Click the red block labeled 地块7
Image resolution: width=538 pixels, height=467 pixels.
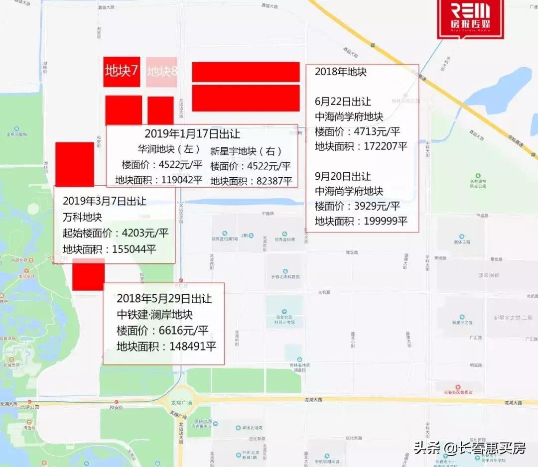click(122, 72)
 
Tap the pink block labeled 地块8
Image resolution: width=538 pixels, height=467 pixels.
click(162, 72)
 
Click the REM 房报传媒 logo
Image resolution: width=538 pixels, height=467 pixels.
click(463, 18)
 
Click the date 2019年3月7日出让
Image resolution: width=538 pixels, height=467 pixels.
click(105, 201)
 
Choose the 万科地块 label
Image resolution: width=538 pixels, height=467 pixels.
click(82, 217)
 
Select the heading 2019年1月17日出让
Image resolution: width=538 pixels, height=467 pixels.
click(192, 134)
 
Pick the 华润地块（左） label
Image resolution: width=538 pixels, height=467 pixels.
click(170, 149)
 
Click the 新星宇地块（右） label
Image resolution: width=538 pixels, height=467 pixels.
click(246, 151)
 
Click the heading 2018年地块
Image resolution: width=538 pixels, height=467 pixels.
click(341, 72)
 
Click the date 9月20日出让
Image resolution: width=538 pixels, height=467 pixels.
click(343, 176)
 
